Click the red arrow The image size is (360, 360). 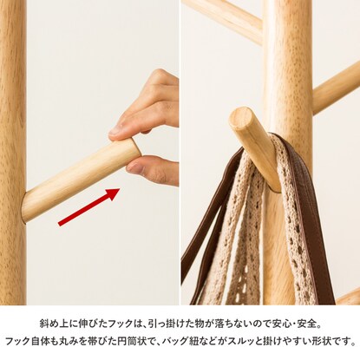pyautogui.click(x=89, y=207)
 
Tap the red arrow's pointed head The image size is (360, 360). pyautogui.click(x=119, y=189)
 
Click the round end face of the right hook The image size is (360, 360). pyautogui.click(x=240, y=118)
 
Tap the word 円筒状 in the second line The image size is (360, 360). pyautogui.click(x=134, y=341)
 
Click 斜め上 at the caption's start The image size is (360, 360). pyautogui.click(x=55, y=324)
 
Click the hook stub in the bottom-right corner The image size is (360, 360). pyautogui.click(x=349, y=297)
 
